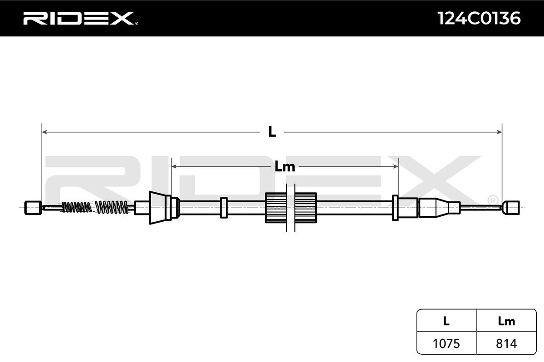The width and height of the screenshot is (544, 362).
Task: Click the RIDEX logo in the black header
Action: pos(78,18)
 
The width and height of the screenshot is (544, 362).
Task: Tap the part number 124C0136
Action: pos(479,18)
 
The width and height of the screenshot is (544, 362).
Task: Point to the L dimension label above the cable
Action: pos(272,132)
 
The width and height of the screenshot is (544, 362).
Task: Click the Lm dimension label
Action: pos(285,167)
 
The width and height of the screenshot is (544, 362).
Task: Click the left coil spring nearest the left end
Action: pos(76,207)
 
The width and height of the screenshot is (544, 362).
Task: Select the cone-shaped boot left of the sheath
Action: pos(157,208)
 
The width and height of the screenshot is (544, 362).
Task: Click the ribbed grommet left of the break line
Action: pos(275,208)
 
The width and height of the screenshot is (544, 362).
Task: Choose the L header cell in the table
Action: pos(446,321)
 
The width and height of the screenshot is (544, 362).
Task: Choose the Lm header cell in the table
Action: pos(506,321)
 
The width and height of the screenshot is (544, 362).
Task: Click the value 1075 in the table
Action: pos(446,343)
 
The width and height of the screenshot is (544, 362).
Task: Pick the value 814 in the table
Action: pos(506,343)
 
